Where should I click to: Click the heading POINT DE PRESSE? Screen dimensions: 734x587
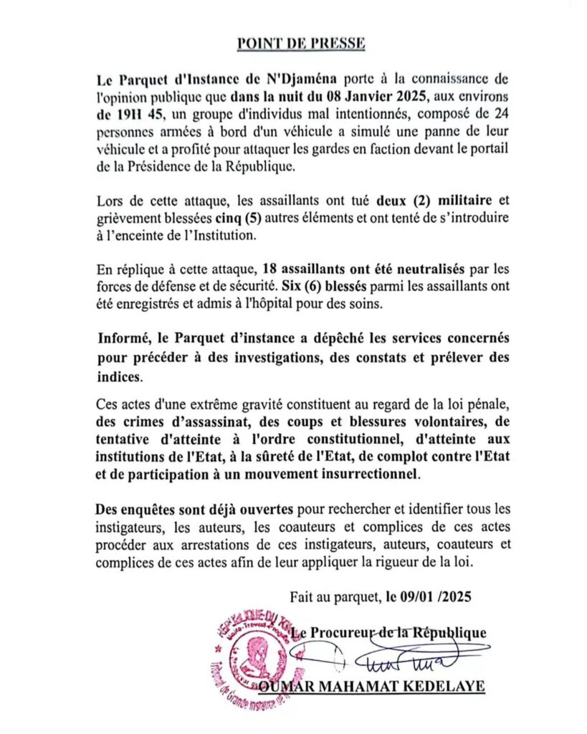[301, 44]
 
